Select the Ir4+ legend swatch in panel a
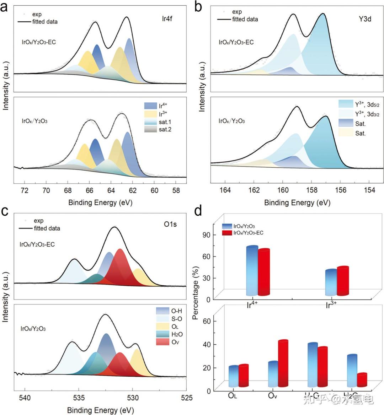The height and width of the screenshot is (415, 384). (x=151, y=106)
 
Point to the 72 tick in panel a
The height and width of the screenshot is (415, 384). (x=24, y=190)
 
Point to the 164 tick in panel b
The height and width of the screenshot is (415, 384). (x=225, y=190)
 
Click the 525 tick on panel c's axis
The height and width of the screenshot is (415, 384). (x=187, y=397)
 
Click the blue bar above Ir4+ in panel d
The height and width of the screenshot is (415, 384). (x=252, y=271)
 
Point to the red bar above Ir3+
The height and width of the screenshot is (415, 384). (x=343, y=281)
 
